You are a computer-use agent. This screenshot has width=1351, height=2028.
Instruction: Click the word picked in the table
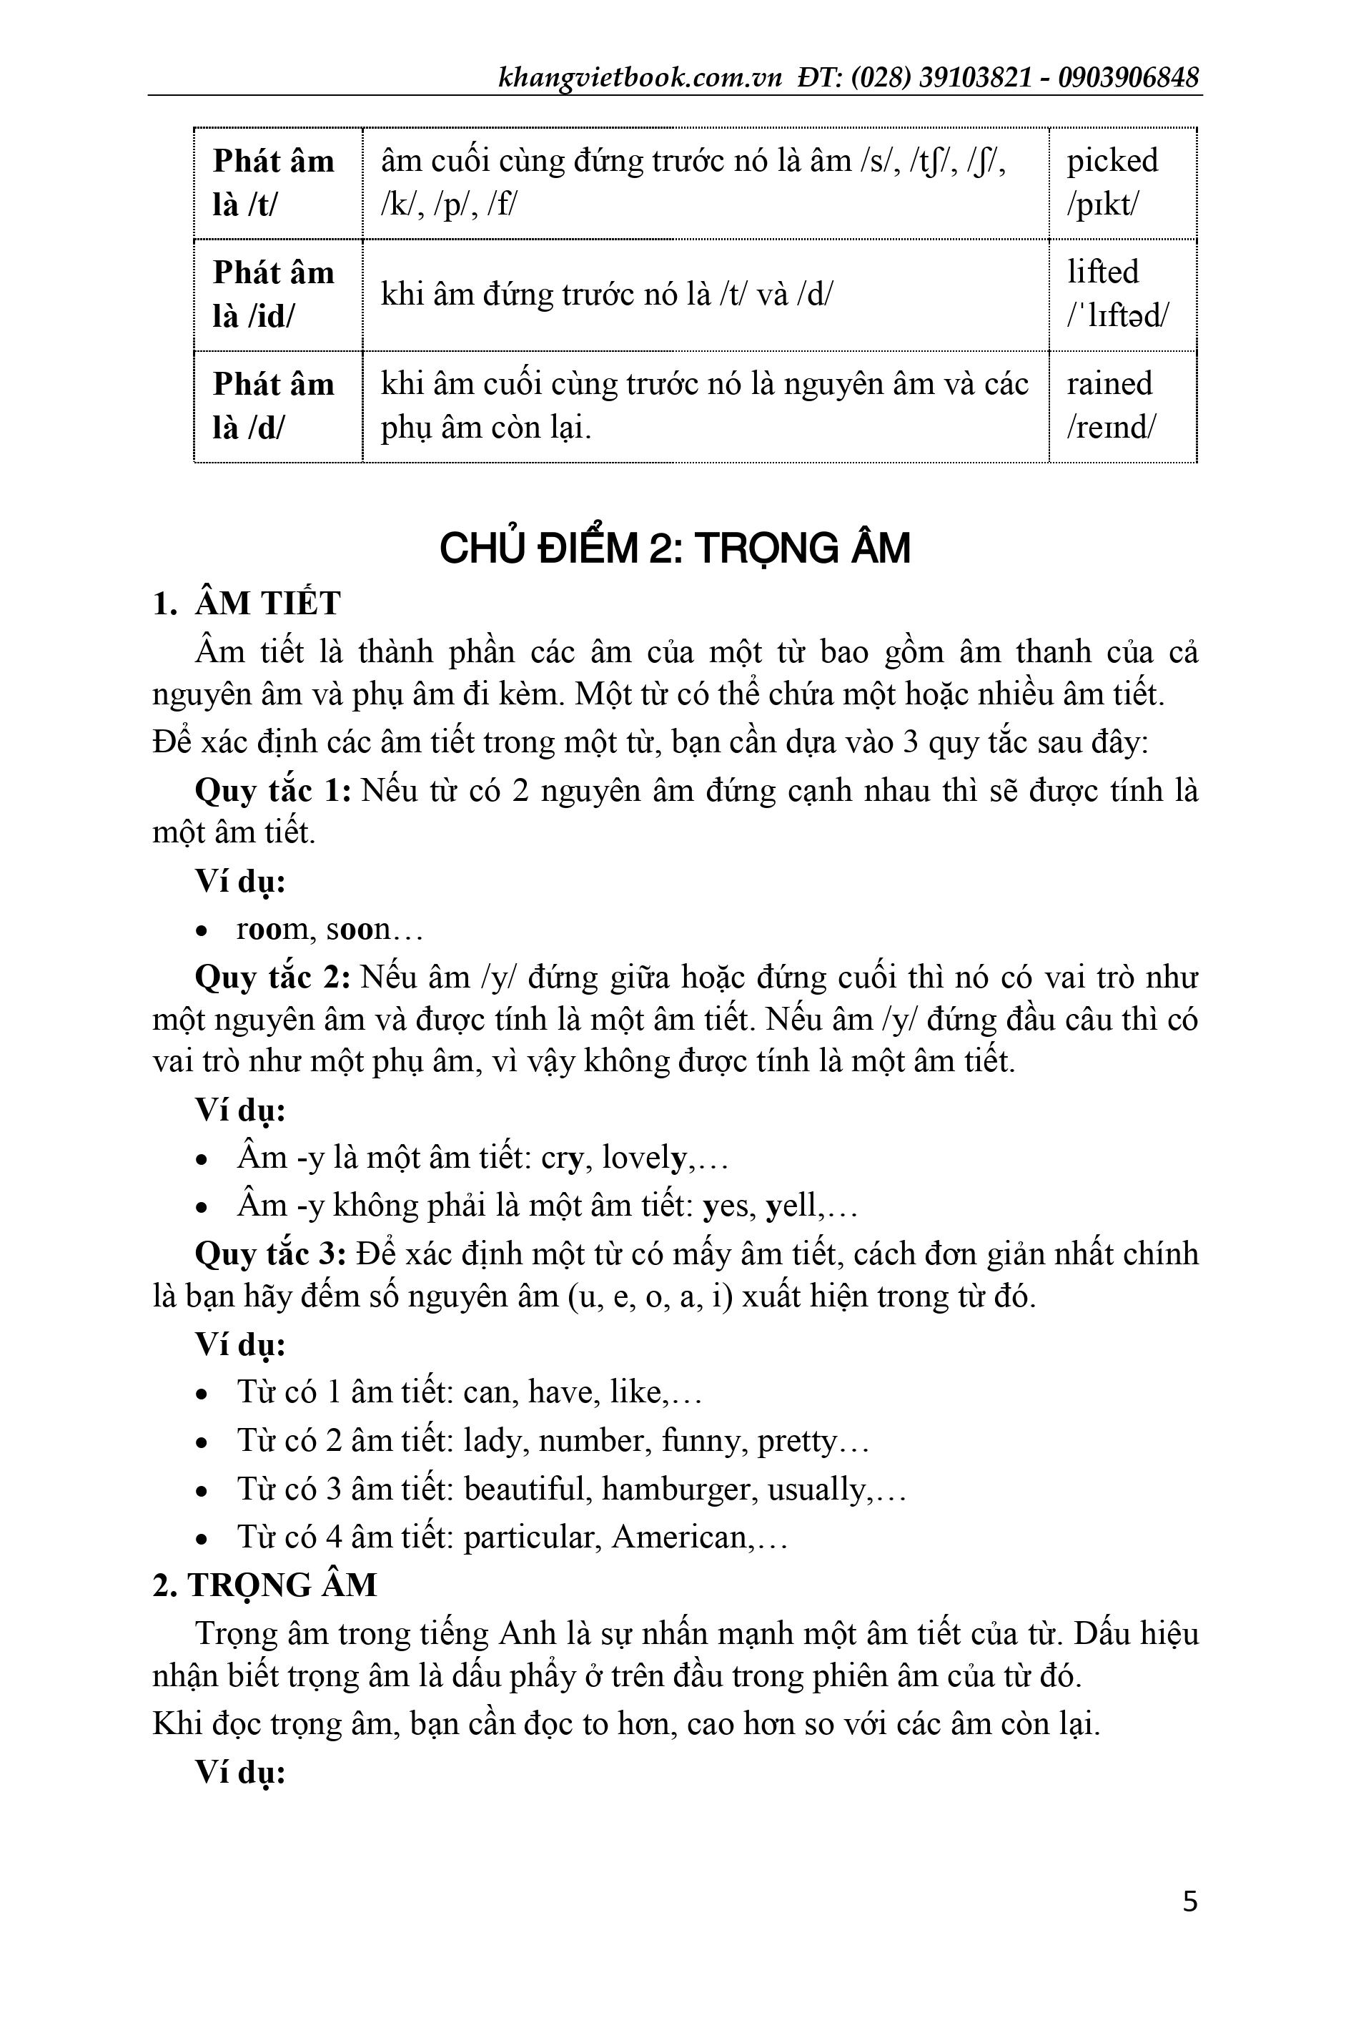[x=1112, y=161]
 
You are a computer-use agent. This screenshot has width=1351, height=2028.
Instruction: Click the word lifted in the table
[x=1103, y=272]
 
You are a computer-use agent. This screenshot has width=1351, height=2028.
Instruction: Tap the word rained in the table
[x=1109, y=383]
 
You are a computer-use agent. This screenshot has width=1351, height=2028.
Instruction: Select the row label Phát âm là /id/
[x=273, y=295]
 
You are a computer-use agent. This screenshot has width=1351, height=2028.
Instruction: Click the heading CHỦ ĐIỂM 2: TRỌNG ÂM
[x=675, y=549]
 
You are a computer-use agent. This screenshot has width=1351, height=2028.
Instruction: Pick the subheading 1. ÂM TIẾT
[x=247, y=604]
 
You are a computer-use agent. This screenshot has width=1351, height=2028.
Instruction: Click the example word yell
[x=792, y=1205]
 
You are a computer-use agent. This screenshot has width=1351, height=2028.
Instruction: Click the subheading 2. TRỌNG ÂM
[x=264, y=1585]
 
